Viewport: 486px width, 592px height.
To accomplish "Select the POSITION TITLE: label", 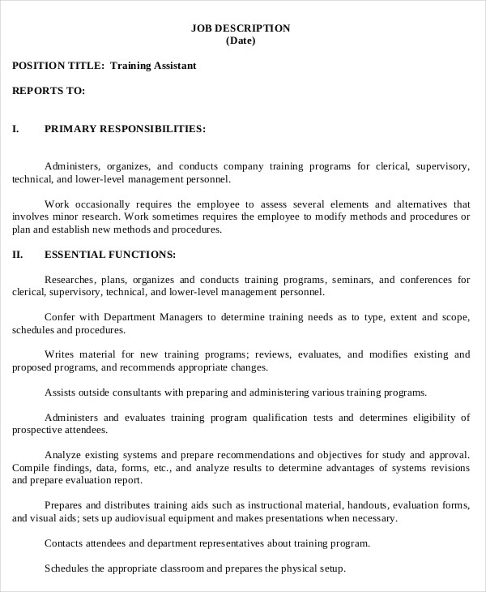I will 58,65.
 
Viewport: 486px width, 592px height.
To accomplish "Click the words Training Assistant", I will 153,65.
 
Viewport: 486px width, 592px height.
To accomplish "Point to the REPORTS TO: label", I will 49,90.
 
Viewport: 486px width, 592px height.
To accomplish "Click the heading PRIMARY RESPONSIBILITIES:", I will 125,128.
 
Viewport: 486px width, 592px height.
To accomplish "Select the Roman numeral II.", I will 18,255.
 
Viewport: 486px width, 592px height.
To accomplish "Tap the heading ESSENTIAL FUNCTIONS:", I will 110,255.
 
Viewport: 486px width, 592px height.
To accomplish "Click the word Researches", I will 70,280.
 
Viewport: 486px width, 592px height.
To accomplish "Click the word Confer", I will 59,318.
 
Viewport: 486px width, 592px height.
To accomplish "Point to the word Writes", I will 59,355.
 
